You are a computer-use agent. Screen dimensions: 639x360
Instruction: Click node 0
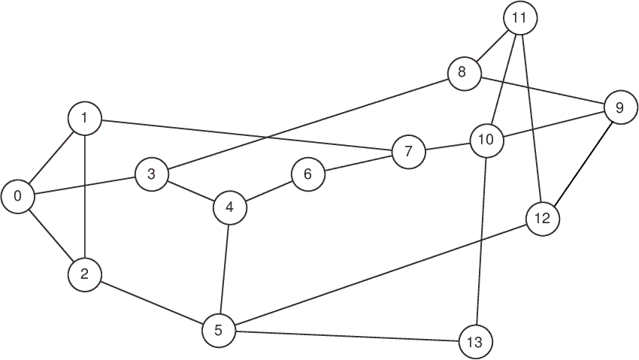click(17, 197)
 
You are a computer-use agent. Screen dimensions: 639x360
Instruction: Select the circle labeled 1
click(84, 119)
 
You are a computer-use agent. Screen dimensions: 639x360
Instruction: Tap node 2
click(84, 274)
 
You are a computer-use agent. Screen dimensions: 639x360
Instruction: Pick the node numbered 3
click(151, 174)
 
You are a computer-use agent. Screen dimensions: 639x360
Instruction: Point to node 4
click(230, 207)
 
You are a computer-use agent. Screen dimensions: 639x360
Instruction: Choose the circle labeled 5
click(219, 330)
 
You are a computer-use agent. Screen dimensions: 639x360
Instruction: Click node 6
click(308, 174)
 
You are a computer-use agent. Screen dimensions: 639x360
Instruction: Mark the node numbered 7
click(409, 152)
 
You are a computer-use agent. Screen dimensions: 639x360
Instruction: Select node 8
click(464, 74)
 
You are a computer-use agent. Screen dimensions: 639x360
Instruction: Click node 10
click(486, 141)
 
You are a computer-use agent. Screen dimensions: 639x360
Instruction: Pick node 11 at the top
click(520, 18)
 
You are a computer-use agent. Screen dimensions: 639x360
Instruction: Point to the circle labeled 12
click(543, 219)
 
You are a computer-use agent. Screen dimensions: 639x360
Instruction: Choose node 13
click(475, 341)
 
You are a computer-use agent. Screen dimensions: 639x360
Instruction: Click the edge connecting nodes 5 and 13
click(347, 336)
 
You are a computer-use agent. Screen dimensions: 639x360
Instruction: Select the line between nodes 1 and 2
click(84, 196)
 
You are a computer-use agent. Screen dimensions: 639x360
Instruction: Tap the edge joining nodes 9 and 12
click(582, 163)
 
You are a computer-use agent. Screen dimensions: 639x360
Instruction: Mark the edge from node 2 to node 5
click(152, 302)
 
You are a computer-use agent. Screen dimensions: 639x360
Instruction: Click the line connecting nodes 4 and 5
click(225, 269)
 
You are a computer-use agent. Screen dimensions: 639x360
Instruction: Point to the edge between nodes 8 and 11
click(492, 46)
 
